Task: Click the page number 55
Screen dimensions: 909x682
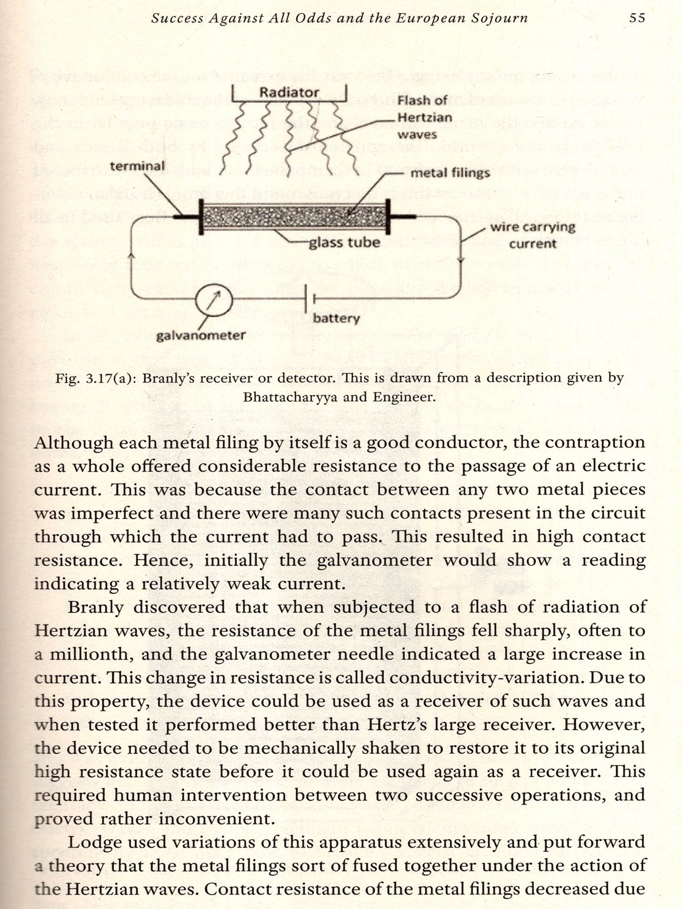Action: point(637,18)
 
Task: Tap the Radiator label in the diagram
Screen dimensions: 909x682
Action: point(289,92)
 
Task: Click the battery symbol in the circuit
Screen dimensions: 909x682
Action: point(309,299)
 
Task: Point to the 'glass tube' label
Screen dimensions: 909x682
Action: point(344,242)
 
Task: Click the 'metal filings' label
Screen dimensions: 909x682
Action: point(450,173)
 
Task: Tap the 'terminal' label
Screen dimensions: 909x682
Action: point(137,166)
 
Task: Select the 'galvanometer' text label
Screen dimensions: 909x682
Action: point(201,335)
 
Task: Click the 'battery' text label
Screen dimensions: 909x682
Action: point(336,318)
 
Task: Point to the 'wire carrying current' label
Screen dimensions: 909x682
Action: point(532,235)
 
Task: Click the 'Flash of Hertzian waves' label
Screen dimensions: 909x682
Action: point(424,117)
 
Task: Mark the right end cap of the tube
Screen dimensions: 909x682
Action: point(388,216)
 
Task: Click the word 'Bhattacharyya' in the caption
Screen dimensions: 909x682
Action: point(290,397)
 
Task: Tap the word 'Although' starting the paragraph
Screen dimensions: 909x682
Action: point(74,442)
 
